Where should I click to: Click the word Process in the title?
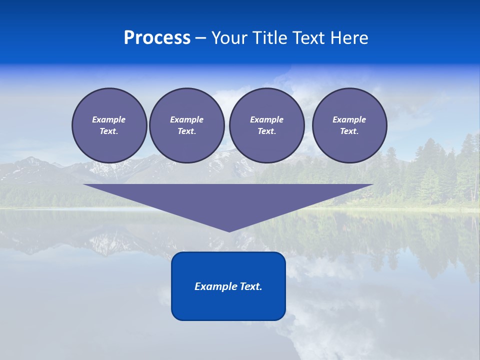pos(157,38)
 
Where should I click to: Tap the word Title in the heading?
pos(270,38)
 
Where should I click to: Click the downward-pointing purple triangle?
pos(228,200)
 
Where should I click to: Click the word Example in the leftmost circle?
pos(109,119)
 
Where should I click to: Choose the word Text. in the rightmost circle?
pos(349,131)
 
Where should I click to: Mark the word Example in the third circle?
pos(266,119)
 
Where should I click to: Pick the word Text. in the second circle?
pos(186,131)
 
